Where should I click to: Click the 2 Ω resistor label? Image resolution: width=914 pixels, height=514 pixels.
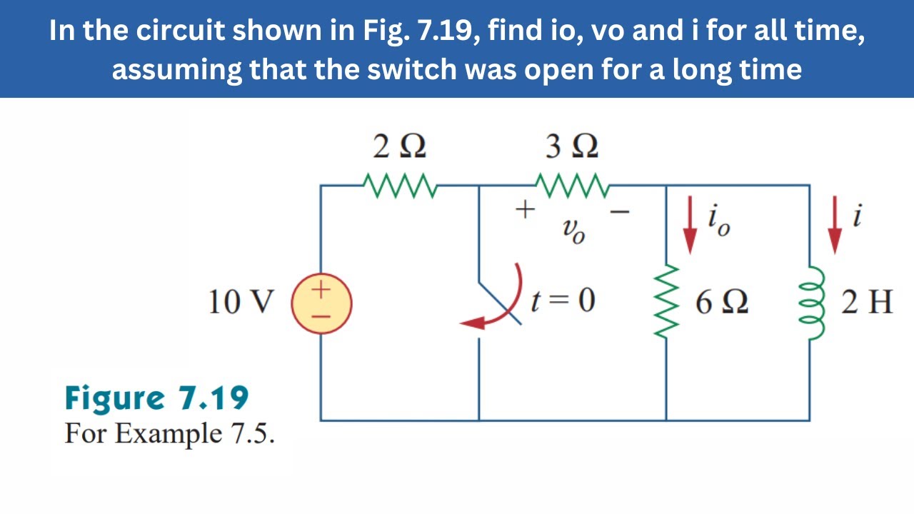coord(400,147)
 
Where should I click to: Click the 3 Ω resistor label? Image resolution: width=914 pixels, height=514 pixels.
coord(573,147)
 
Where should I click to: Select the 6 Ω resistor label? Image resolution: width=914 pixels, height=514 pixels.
coord(722,303)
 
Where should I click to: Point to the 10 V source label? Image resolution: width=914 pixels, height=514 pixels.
coord(241,303)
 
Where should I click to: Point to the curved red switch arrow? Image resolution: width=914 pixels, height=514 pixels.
coord(500,303)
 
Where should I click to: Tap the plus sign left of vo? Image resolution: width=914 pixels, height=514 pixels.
coord(525,210)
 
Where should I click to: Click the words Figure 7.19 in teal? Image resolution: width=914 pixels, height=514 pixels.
coord(156,398)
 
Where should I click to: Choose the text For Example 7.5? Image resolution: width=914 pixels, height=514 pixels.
coord(169,433)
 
